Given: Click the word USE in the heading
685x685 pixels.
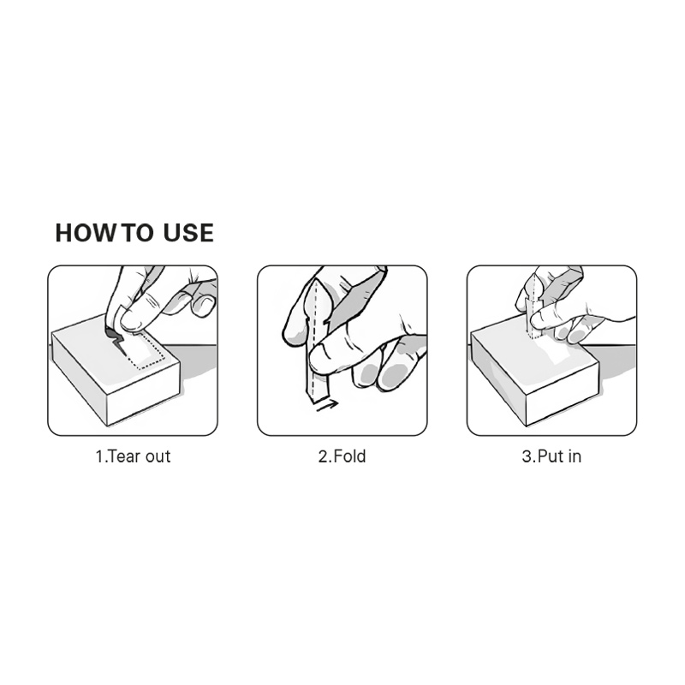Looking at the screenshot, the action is coord(188,232).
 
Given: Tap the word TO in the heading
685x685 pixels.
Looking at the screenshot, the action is coord(137,232).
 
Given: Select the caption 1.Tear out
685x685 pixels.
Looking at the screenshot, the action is coord(133,456).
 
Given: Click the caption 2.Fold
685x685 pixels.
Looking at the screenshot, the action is coord(342,456).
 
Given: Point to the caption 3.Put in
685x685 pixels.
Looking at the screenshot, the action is coord(551,456).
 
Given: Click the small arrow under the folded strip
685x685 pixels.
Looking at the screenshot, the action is coord(327,405).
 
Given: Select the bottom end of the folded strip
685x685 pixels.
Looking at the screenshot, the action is coord(318,396).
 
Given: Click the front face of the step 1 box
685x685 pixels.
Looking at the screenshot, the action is coord(143,393).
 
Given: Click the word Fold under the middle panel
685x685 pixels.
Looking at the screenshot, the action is coord(349,456).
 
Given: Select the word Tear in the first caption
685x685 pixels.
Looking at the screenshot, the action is coord(124,456).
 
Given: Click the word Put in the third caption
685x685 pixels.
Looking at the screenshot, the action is coord(550,456).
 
